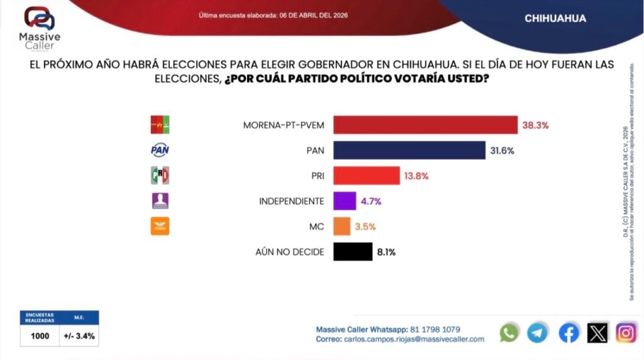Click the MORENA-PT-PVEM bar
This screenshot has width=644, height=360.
[425, 125]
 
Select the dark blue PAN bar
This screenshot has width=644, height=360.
[409, 150]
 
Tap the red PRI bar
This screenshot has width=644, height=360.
[366, 175]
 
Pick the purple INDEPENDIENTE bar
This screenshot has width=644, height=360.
[344, 201]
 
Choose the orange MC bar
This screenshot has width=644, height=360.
[341, 227]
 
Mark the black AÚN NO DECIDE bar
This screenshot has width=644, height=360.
[352, 252]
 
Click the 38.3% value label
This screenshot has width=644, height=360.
[535, 125]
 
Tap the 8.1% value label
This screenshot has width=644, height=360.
[386, 252]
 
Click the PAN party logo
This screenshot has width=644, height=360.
[160, 150]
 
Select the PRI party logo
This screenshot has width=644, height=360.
[160, 176]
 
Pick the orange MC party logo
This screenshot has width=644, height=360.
[160, 226]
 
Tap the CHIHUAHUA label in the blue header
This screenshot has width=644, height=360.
[555, 18]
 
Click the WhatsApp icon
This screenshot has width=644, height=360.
[509, 332]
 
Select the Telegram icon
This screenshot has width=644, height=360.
[538, 332]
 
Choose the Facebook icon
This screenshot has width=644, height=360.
[569, 332]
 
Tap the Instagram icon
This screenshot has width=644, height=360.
[626, 332]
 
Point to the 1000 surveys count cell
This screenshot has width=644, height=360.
[40, 336]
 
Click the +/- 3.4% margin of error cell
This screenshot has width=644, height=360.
[79, 336]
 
